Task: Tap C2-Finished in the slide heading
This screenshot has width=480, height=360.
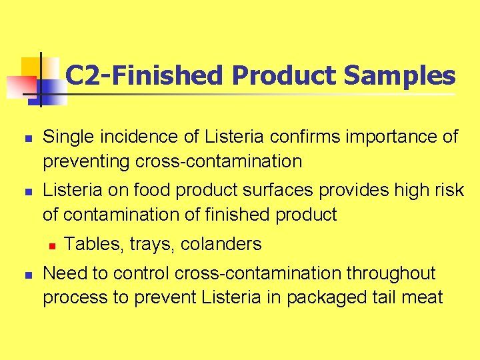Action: (x=145, y=76)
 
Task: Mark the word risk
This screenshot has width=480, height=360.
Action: (x=447, y=191)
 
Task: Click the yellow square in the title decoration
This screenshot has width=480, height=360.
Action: (x=31, y=67)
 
